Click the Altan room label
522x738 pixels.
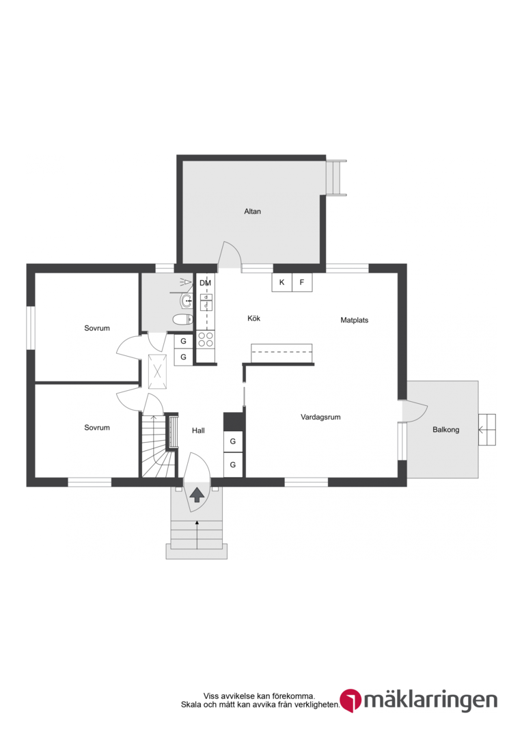coord(252,211)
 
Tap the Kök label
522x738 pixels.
coord(253,318)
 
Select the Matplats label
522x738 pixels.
coord(355,320)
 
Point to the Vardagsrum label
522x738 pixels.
coord(320,417)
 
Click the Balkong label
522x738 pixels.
coord(445,430)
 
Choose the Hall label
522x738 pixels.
coord(198,430)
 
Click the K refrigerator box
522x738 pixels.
coord(282,282)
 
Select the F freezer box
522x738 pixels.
coord(302,282)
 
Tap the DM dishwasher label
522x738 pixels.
coord(205,283)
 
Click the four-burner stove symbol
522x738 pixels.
coord(206,339)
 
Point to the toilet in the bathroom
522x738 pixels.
coord(182,320)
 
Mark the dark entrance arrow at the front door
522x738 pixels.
coord(197,495)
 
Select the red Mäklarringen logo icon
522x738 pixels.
coord(351,700)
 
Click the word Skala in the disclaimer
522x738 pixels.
coord(191,705)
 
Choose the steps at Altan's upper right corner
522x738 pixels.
coord(336,178)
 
